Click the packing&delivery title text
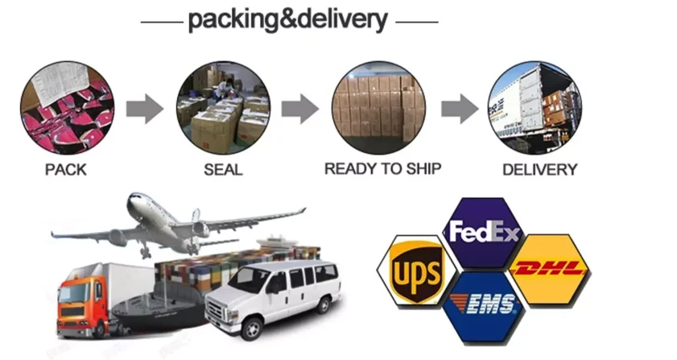[x=287, y=19]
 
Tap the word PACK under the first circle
[x=66, y=170]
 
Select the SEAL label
[x=222, y=170]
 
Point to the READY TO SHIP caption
[x=383, y=169]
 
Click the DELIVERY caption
[x=539, y=170]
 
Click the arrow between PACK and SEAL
[x=144, y=108]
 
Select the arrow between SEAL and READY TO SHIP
[x=299, y=108]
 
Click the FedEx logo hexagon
[x=485, y=232]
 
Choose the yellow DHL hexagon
[x=551, y=269]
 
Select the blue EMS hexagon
[x=485, y=306]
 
